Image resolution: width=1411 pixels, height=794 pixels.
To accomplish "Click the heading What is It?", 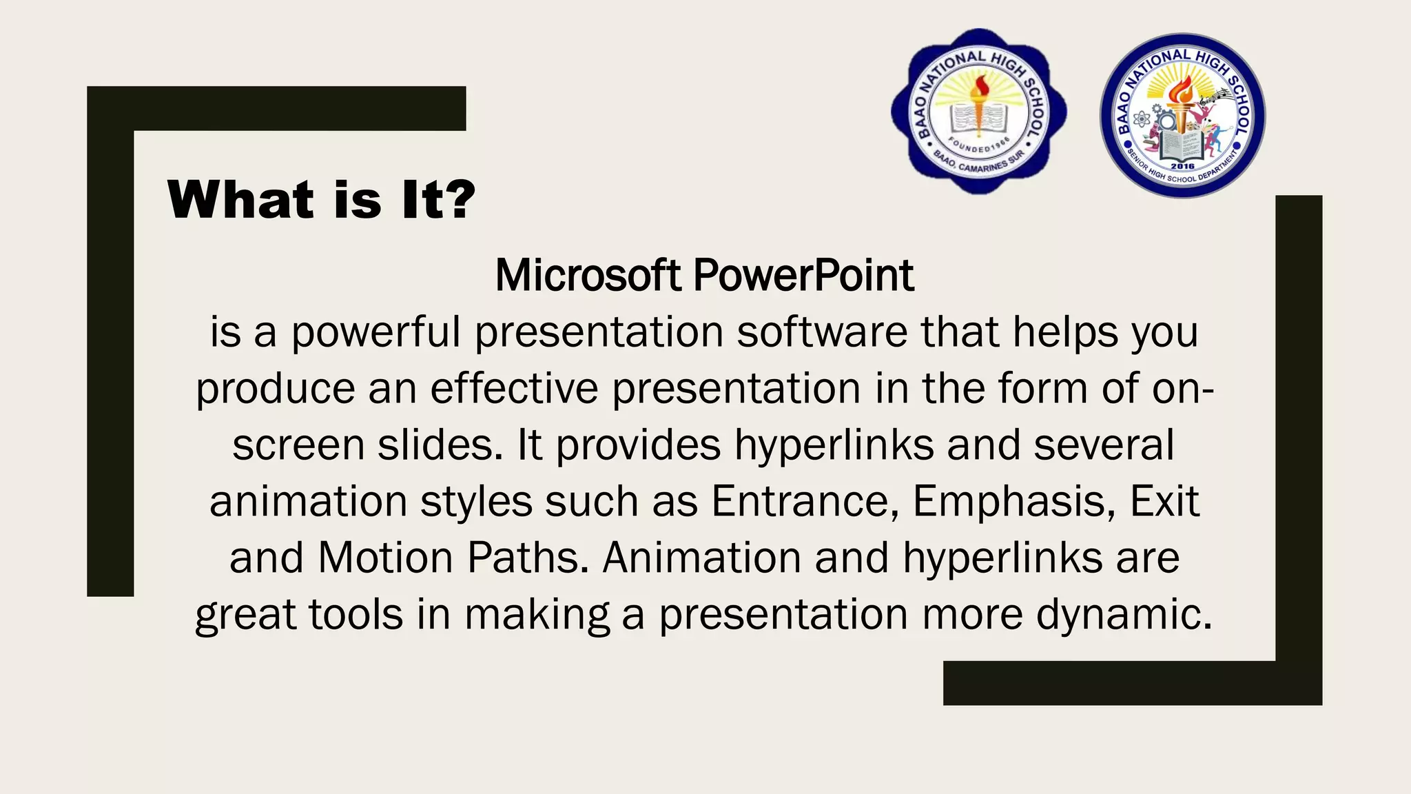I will pos(321,200).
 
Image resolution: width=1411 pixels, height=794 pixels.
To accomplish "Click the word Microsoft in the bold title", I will pos(588,276).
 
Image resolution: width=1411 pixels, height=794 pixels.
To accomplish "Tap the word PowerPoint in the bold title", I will pos(803,276).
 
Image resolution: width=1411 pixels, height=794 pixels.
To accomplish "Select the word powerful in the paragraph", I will pos(375,333).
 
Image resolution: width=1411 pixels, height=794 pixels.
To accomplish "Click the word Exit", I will pos(1164,501).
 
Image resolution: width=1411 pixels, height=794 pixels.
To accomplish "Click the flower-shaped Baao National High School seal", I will pos(978,112).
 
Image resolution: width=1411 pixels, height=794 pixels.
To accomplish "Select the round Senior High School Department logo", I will pos(1182,116).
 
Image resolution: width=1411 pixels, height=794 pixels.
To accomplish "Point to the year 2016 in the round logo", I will pos(1182,166).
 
